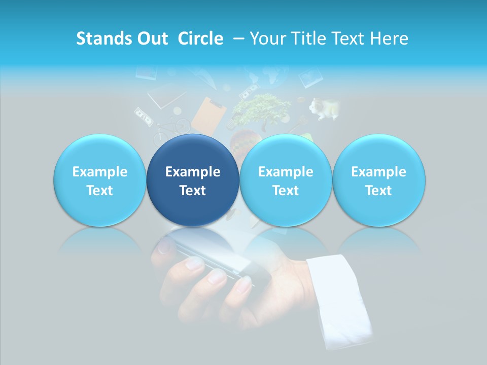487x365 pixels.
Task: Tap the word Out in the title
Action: [151, 39]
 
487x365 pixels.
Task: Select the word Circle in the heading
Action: [200, 39]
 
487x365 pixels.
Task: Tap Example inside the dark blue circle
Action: [193, 172]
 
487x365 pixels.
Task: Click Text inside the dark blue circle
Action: [193, 191]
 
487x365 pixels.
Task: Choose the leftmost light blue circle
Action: [99, 180]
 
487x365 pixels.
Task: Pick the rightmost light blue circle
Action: [379, 180]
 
